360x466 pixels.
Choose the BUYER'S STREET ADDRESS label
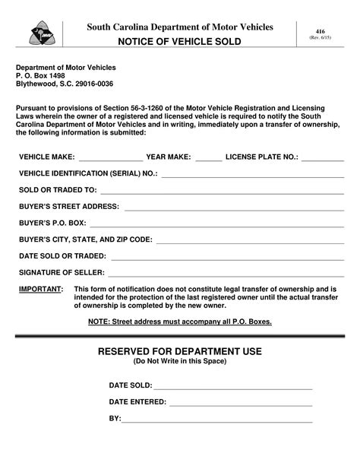tap(69, 207)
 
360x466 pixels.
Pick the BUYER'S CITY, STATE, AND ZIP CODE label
tap(86, 239)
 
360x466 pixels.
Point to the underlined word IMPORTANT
tap(41, 290)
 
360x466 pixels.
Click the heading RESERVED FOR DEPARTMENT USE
tap(180, 351)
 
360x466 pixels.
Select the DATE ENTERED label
tap(137, 401)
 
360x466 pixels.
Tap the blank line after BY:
tap(217, 419)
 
